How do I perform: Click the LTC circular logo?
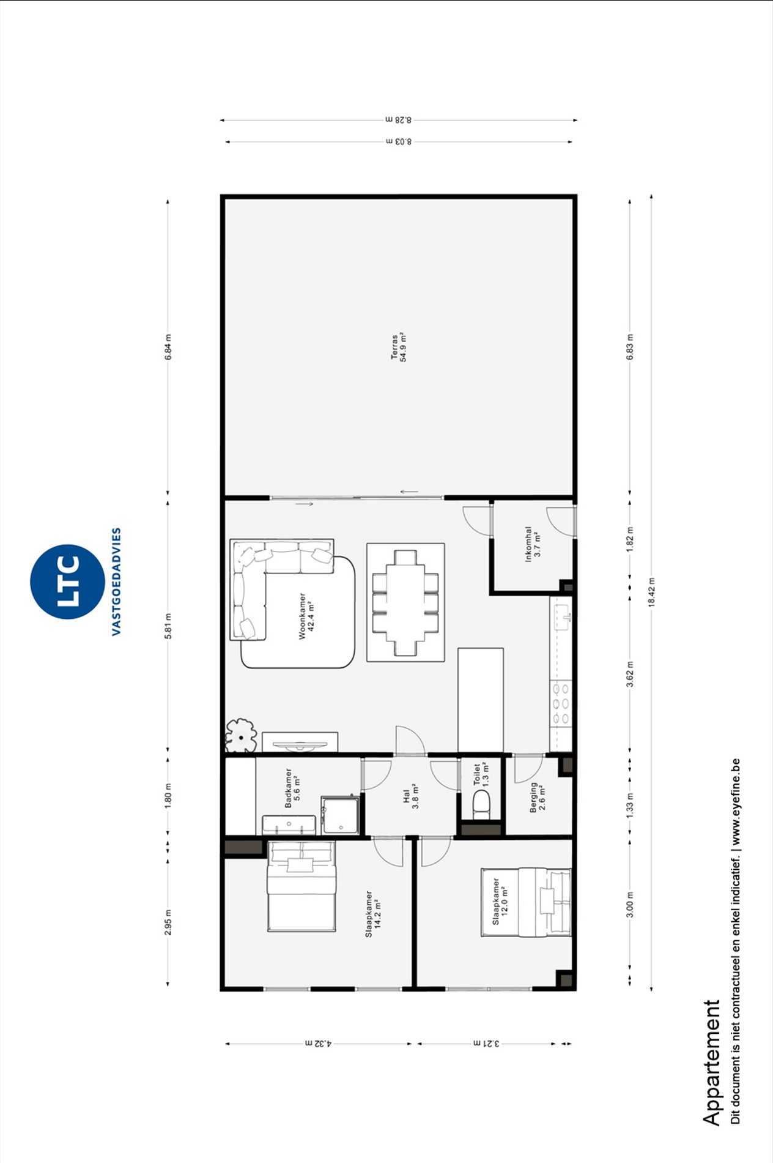coord(67,581)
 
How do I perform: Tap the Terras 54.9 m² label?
coord(399,347)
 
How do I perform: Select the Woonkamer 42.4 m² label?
coord(306,616)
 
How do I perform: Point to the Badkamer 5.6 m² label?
coord(292,788)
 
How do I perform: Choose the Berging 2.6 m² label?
coord(538,796)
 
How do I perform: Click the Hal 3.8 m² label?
coord(410,796)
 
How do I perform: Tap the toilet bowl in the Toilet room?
coord(481,804)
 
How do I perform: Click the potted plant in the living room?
coord(240,735)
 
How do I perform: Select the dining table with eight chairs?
coord(405,603)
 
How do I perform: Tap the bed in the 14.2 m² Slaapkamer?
coord(301,886)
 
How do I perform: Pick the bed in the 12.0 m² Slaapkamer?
coord(526,902)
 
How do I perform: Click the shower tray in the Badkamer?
coord(340,815)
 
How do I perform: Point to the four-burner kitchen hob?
coord(561,703)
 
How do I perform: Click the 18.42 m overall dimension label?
coord(651,592)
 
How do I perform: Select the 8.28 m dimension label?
coord(399,120)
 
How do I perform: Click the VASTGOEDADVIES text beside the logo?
coord(116,581)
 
